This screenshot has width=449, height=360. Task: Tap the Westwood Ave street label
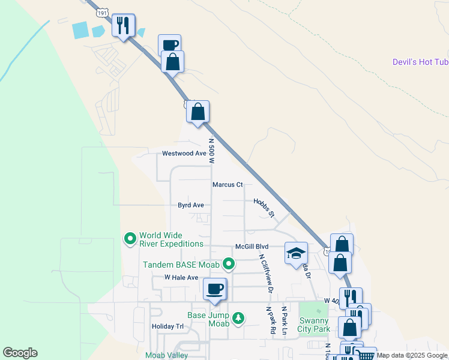(x=184, y=154)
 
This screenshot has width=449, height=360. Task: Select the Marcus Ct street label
(x=228, y=185)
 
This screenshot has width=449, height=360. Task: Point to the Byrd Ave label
(x=191, y=205)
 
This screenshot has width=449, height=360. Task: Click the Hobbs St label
(x=264, y=208)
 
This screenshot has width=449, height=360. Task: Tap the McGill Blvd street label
(x=252, y=247)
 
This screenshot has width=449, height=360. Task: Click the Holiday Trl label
(x=167, y=326)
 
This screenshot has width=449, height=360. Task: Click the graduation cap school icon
(x=296, y=253)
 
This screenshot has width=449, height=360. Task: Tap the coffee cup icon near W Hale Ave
(x=215, y=289)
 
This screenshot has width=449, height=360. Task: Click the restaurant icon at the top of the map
(x=123, y=25)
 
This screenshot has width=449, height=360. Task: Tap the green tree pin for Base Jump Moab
(x=239, y=317)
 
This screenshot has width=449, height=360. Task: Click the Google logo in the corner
(x=20, y=353)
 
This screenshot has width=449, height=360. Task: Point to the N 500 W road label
(x=211, y=151)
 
